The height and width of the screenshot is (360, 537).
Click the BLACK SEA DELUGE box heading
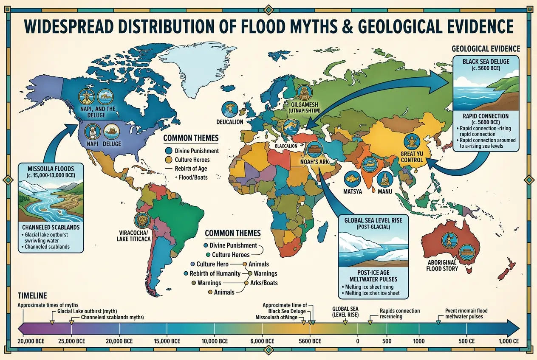(485, 62)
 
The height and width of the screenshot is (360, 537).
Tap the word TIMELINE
(32, 295)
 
